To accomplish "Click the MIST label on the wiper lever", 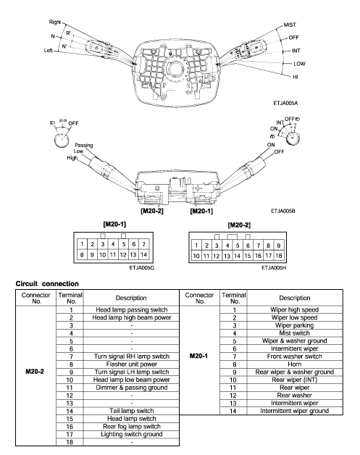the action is pos(290,25).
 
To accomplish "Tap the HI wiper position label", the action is pos(296,78).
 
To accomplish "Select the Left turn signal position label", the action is pos(48,51).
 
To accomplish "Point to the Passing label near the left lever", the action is pos(84,145).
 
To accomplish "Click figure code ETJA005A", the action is pos(285,103).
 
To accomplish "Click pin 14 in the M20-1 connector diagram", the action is pos(143,254).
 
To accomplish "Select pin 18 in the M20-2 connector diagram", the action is pos(279,256).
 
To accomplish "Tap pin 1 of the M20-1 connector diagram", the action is pos(82,244).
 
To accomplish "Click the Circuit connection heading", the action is pos(47,284).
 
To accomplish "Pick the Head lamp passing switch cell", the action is pos(132,309).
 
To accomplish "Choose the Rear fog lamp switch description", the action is pos(132,427).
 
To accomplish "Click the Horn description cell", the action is pos(294,364).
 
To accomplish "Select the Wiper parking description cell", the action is pos(294,325).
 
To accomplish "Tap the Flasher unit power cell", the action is pos(132,364).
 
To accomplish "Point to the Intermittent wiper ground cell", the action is pos(294,411).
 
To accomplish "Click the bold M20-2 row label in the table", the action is pos(35,372).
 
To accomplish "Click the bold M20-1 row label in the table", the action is pos(198,356).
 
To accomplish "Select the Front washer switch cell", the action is pos(294,356).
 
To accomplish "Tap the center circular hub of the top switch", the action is pos(175,69).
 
